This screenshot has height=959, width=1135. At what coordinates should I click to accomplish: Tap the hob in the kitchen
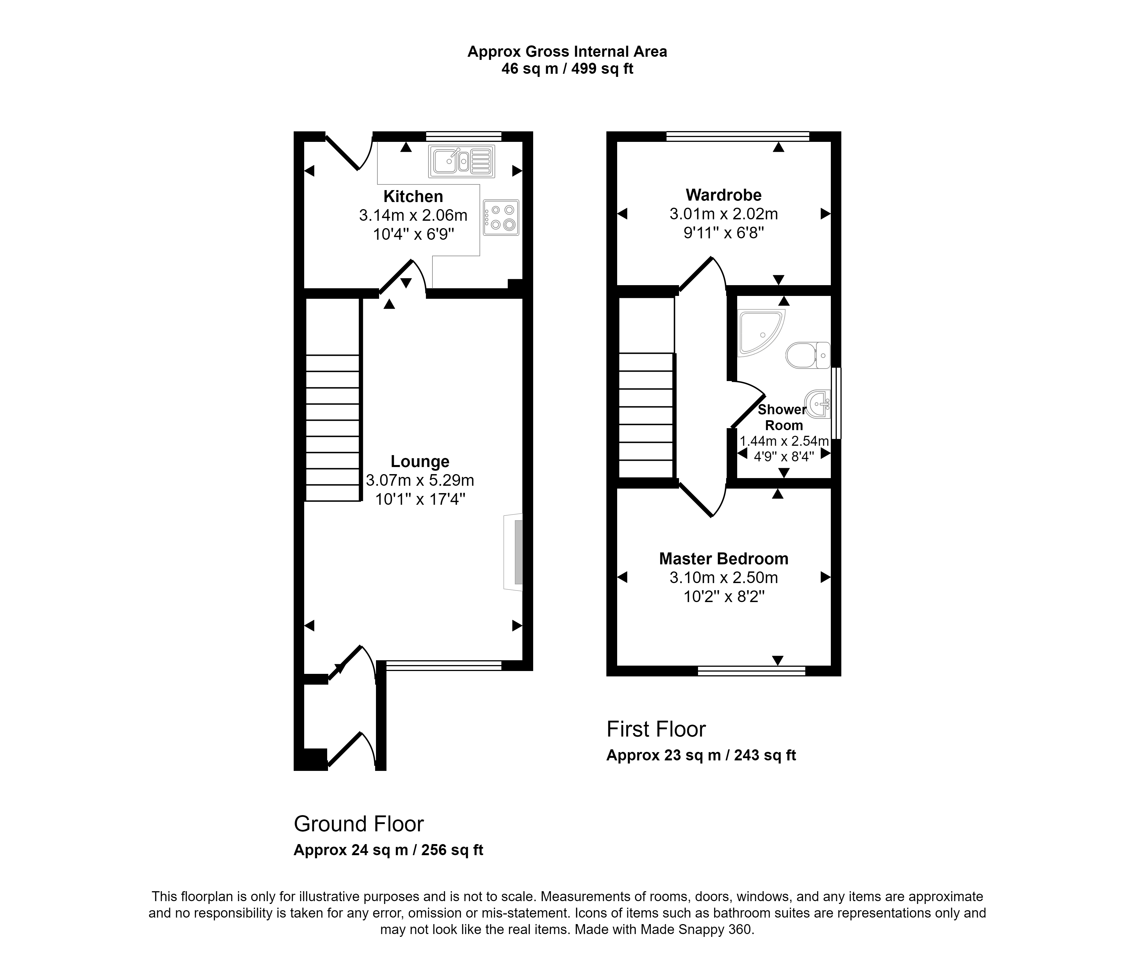pyautogui.click(x=501, y=217)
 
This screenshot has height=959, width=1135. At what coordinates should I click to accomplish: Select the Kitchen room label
pyautogui.click(x=413, y=196)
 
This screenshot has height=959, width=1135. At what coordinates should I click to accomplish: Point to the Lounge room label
pyautogui.click(x=420, y=462)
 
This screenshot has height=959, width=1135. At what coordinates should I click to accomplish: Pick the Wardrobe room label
pyautogui.click(x=724, y=195)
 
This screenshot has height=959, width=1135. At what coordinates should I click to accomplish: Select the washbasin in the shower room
pyautogui.click(x=818, y=404)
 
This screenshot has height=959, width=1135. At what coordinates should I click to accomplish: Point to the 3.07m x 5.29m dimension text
pyautogui.click(x=420, y=481)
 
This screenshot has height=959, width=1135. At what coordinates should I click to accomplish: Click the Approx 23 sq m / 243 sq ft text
pyautogui.click(x=701, y=755)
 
